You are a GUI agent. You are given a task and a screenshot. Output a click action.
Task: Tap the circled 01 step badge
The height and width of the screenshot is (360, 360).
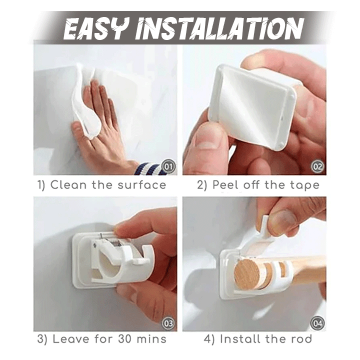(x=169, y=166)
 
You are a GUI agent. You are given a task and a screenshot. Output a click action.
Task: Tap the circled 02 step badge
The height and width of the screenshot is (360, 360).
(x=318, y=166)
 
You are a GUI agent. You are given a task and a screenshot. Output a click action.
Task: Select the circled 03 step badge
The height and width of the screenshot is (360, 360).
(x=169, y=323)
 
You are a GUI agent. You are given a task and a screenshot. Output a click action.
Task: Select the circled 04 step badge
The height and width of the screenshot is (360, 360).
(x=318, y=323)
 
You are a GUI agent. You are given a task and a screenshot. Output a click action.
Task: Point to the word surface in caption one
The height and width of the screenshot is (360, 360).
(x=142, y=185)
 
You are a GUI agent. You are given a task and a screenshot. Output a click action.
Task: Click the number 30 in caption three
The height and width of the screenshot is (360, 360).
(x=125, y=339)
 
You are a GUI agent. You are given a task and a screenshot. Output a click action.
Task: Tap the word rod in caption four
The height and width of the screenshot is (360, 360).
(x=301, y=339)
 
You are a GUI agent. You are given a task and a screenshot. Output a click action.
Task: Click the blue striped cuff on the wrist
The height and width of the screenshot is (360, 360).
(x=149, y=169)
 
